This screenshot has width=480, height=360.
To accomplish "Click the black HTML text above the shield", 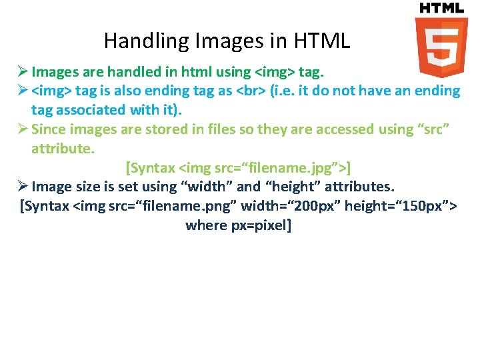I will (x=441, y=8).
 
